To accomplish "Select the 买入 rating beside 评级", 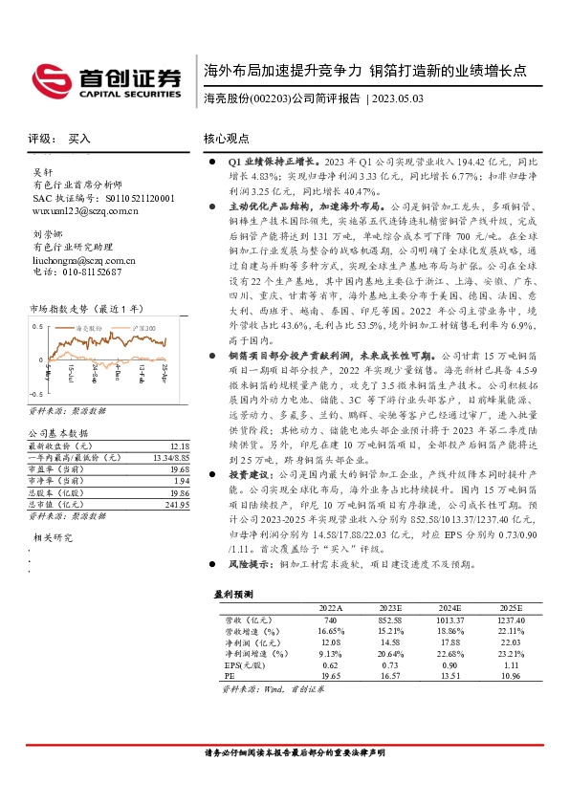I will pos(79,139).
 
